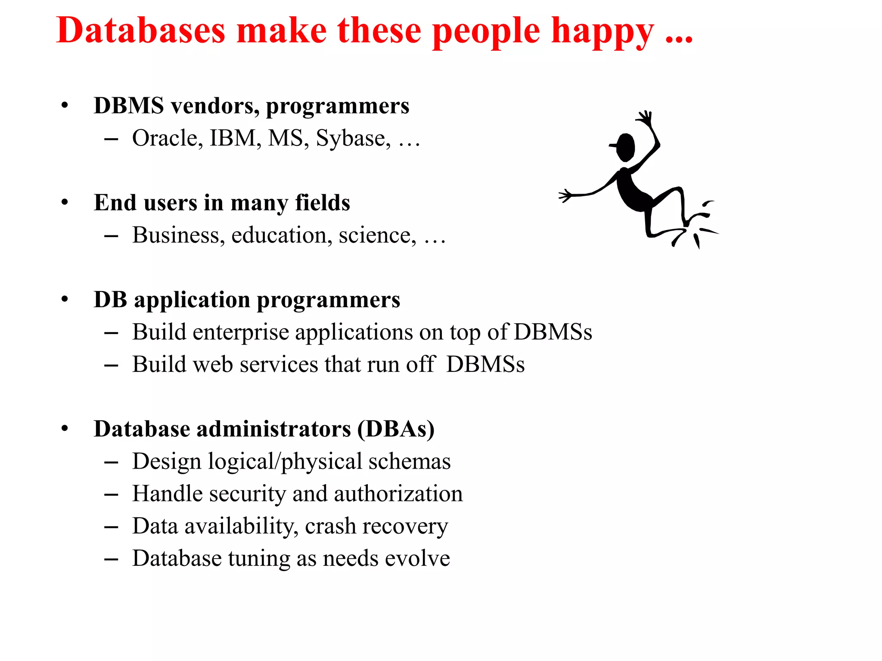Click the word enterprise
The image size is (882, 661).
point(241,333)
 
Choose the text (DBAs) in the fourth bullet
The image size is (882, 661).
point(396,429)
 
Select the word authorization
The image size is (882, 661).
point(398,494)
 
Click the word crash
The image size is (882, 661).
point(330,526)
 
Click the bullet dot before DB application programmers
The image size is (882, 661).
point(65,299)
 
